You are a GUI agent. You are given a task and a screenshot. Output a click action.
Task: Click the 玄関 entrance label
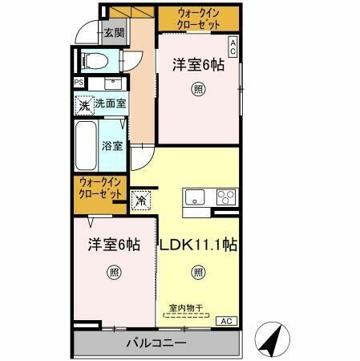114,33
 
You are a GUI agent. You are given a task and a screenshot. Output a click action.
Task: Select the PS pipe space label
79,83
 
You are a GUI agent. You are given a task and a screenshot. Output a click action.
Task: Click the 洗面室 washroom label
110,103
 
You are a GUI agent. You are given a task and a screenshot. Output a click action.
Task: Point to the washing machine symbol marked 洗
83,103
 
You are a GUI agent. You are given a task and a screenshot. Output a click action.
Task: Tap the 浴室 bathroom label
111,146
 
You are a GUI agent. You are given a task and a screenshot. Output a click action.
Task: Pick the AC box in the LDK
228,321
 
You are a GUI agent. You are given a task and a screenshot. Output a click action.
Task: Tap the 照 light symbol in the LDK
198,274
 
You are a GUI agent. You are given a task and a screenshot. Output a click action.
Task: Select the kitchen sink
196,197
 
